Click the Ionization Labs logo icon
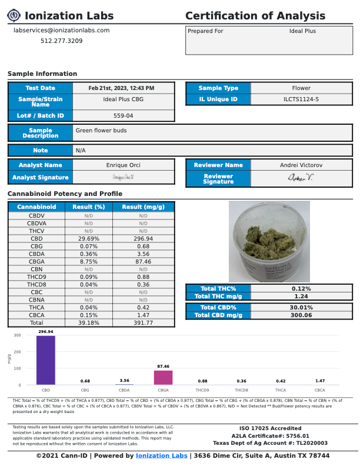tap(14, 16)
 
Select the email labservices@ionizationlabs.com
tap(61, 30)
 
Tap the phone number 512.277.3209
tap(61, 41)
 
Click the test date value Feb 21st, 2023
tap(121, 88)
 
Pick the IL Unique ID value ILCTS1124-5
tap(301, 99)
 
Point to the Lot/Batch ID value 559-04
tap(124, 116)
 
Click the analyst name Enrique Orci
tap(124, 165)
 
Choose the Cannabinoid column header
tap(36, 207)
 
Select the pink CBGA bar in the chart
tap(163, 377)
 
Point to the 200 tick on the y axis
tap(18, 352)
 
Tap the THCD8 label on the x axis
tap(241, 390)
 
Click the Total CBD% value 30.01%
tap(301, 307)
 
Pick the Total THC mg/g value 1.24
tap(301, 297)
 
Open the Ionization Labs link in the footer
tap(161, 456)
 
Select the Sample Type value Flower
tap(301, 88)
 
